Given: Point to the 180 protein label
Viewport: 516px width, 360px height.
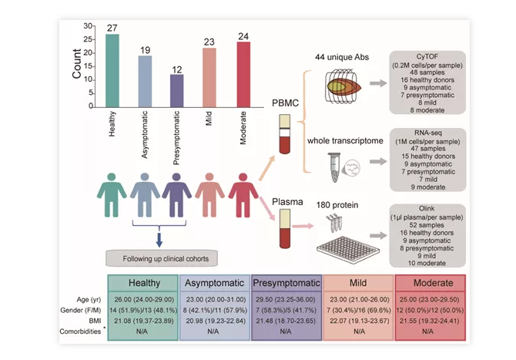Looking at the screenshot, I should (337, 204).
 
